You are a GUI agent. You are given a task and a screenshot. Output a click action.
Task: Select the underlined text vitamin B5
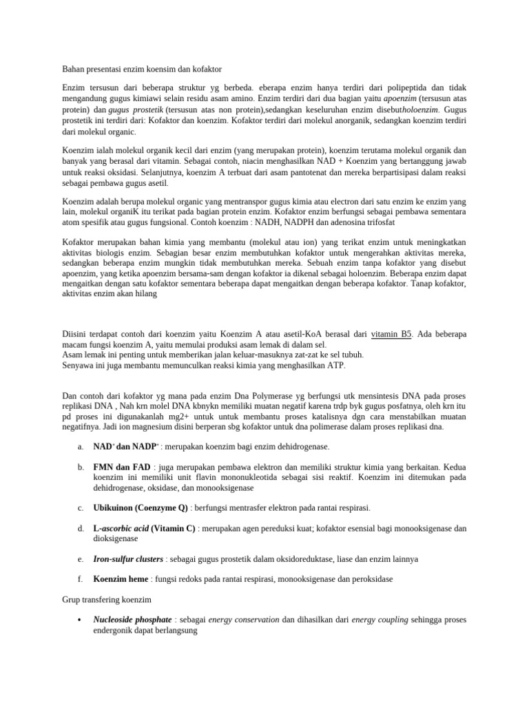click(391, 334)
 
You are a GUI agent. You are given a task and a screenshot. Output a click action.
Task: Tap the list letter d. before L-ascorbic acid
click(80, 528)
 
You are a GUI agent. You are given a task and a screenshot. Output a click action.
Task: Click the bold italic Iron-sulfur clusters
click(128, 558)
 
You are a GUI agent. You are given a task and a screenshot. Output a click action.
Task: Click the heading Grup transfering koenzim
click(107, 600)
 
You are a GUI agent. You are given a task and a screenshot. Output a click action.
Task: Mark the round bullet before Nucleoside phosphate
click(81, 620)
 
